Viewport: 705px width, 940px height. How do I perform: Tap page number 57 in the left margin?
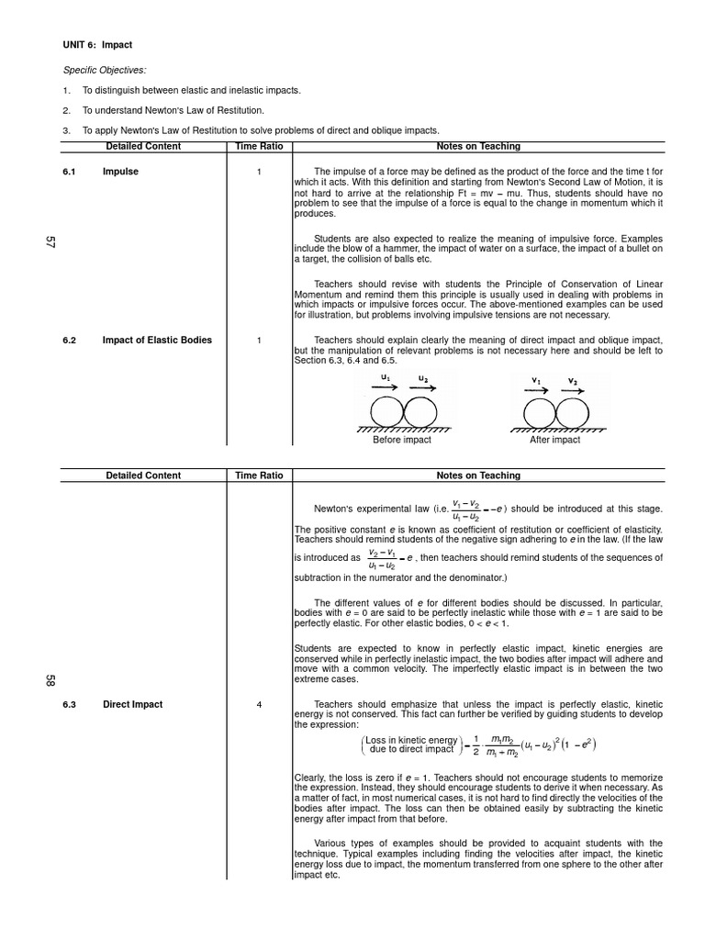(50, 243)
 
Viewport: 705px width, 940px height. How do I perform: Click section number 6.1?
(69, 172)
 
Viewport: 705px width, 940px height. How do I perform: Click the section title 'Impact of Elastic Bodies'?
(157, 340)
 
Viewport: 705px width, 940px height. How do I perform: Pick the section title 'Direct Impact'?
(133, 704)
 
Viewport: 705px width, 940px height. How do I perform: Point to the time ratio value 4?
(259, 704)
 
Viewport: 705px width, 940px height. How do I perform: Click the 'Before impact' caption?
(401, 440)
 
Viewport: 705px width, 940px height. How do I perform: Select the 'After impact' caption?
(554, 440)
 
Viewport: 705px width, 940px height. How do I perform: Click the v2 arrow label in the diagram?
(572, 382)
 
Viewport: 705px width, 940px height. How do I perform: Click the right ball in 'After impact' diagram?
(571, 410)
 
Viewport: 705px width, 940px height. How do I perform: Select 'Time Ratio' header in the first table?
(259, 146)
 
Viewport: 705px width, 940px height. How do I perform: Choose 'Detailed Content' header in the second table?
(143, 476)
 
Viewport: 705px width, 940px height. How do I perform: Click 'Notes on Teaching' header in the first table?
(478, 146)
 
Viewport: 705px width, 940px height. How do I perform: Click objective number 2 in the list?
(66, 110)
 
